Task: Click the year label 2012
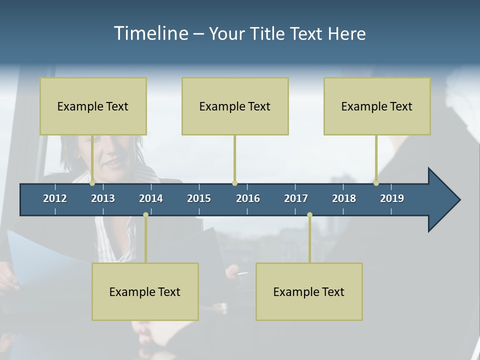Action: tap(55, 198)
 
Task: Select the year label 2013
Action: tap(103, 198)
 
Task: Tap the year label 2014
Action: tap(151, 198)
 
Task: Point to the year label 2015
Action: tap(199, 198)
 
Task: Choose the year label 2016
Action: tap(248, 198)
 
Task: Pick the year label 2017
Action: tap(296, 198)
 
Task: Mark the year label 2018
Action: tap(344, 198)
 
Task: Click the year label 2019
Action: tap(392, 198)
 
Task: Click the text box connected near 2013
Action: tap(93, 106)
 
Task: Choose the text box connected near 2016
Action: tap(235, 106)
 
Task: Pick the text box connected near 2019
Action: tap(377, 106)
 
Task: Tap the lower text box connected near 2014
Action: tap(145, 291)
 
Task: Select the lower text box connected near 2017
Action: tap(309, 291)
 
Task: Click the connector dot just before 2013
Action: tap(92, 183)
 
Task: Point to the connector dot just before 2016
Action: tap(234, 183)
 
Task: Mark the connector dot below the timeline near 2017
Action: tap(309, 215)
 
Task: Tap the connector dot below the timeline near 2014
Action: tap(145, 215)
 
